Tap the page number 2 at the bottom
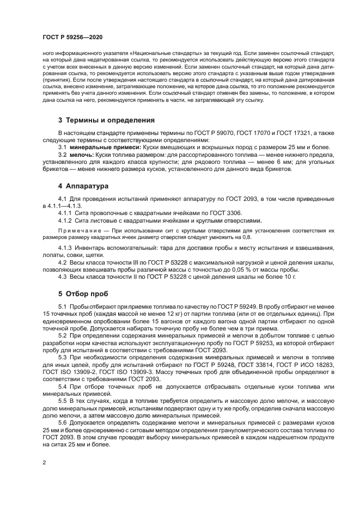[x=44, y=463]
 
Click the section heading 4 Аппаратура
[x=83, y=186]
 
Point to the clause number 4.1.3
[x=66, y=248]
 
